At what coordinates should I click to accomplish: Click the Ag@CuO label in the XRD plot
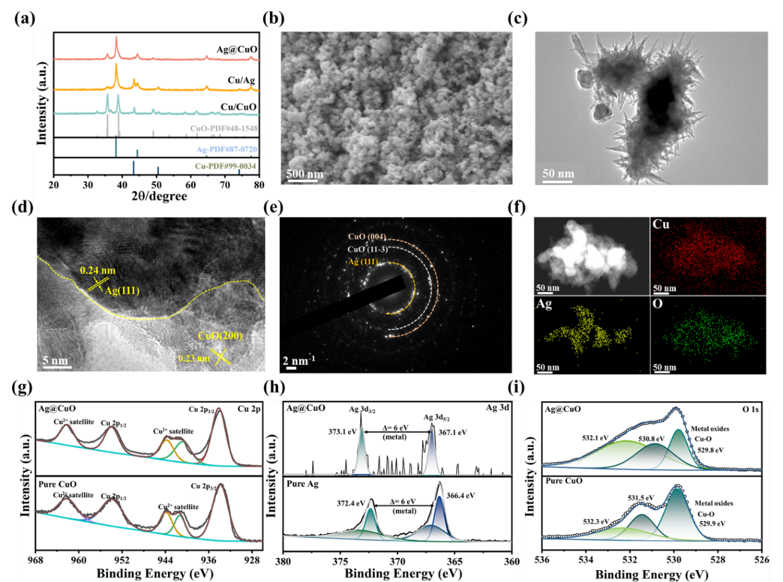237,49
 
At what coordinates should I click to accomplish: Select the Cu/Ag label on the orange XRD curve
241,80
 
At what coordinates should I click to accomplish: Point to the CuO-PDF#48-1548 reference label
223,129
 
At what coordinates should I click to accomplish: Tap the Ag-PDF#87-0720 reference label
226,149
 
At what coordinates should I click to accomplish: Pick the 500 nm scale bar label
304,174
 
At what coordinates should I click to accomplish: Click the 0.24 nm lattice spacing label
97,271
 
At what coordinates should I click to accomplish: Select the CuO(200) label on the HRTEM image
220,336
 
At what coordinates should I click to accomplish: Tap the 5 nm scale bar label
55,361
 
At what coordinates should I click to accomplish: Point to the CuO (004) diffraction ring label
367,237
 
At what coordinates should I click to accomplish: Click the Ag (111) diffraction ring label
363,261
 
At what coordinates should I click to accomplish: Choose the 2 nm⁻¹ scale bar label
298,360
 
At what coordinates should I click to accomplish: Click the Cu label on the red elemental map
661,224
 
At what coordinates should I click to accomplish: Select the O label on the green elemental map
658,304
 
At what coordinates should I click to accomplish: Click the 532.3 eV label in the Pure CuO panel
596,521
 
